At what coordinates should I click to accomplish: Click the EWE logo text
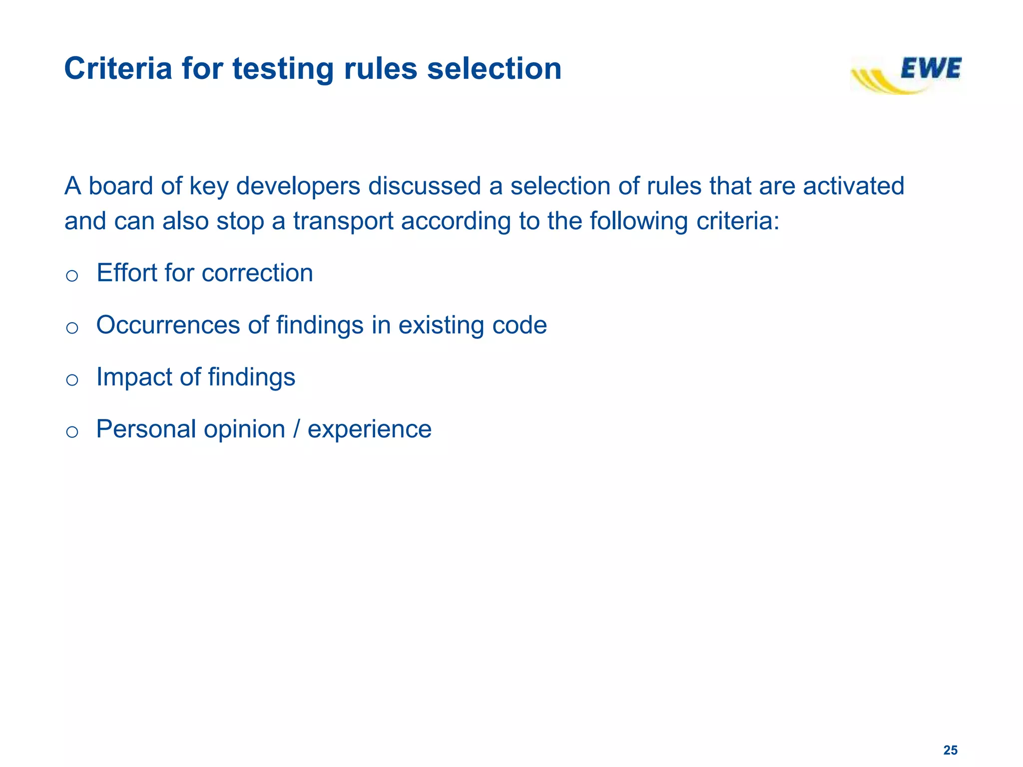pos(931,68)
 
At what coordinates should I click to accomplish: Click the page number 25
pos(950,750)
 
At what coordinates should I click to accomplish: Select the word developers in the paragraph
pos(298,186)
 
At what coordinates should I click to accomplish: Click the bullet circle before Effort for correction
pos(72,276)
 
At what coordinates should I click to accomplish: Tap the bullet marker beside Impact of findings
pos(72,380)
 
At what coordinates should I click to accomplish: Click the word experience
pos(369,429)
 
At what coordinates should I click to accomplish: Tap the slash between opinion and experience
pos(297,429)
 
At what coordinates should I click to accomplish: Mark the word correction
pos(257,273)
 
